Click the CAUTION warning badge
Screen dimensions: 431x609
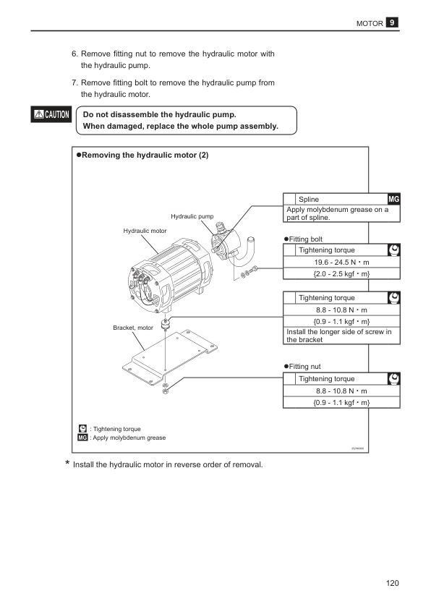(51, 114)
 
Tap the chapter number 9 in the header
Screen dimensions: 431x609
(392, 22)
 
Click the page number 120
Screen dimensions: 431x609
(392, 583)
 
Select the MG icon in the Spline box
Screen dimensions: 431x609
(393, 199)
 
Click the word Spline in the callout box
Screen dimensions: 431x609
(309, 199)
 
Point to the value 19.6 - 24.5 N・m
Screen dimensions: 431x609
(342, 262)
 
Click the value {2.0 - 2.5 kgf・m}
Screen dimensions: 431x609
(342, 274)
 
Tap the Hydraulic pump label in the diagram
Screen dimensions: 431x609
(192, 216)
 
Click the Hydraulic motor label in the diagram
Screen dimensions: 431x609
(145, 231)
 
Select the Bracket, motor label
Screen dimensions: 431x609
(133, 328)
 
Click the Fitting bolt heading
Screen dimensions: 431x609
(303, 239)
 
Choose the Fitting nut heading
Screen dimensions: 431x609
(302, 366)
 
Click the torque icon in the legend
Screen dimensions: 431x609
(82, 428)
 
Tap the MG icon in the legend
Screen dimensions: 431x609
(82, 438)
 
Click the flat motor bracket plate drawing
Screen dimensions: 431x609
(170, 357)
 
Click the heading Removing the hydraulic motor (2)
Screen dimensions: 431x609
(142, 155)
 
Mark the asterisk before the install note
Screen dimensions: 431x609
(67, 463)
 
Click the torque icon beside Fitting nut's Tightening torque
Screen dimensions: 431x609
(394, 379)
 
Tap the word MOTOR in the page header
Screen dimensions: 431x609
(370, 23)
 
